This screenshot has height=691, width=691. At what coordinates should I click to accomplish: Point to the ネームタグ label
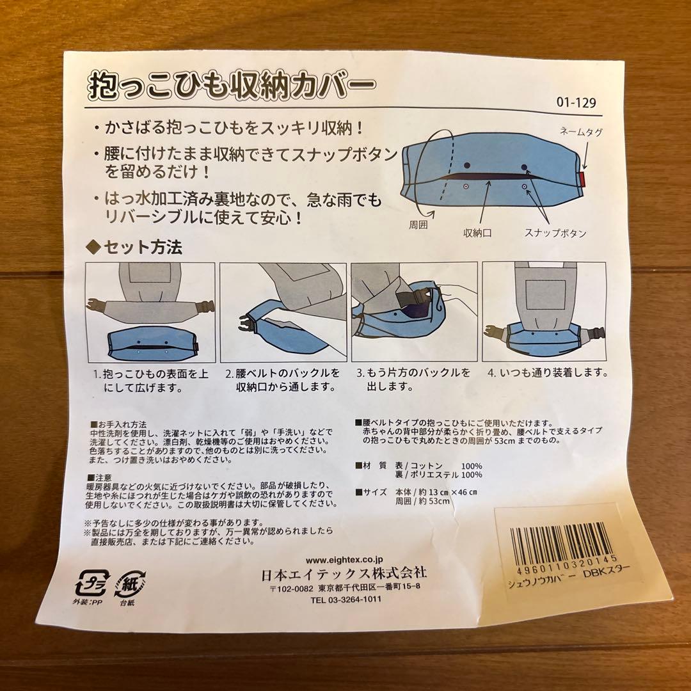coord(580,131)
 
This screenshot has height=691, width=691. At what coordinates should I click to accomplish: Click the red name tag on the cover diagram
coord(584,179)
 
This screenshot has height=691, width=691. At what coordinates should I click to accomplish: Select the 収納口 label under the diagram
coord(477,234)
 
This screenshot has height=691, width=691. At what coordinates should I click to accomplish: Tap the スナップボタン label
coord(555,234)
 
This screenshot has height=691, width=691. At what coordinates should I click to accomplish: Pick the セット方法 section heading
coord(134,248)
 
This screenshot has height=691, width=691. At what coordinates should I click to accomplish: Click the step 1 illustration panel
coord(150,312)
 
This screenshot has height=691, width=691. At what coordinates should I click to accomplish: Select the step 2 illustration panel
coord(283,312)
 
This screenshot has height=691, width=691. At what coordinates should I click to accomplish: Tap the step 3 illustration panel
coord(414,312)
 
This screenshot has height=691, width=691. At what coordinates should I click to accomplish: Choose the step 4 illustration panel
coord(544,312)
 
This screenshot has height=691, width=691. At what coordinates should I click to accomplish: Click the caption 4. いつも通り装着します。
coord(547,372)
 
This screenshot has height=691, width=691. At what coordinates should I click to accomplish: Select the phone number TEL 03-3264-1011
coord(345,600)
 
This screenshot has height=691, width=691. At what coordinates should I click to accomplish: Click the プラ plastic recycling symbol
coord(91,584)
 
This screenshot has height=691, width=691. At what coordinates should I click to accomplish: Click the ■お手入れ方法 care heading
coord(119,424)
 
